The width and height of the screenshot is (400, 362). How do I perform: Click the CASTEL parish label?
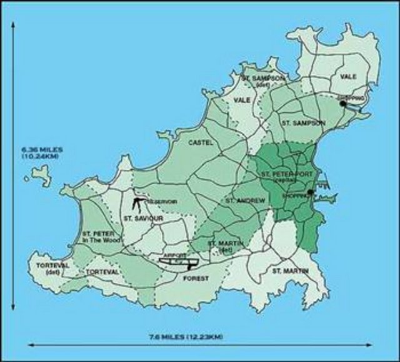pyautogui.click(x=201, y=143)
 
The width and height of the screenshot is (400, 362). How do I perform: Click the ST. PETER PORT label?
pyautogui.click(x=282, y=173)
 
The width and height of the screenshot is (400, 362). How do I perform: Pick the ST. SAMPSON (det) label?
pyautogui.click(x=263, y=81)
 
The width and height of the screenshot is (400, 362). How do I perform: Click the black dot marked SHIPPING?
pyautogui.click(x=342, y=104)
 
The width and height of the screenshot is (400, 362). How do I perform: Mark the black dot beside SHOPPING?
pyautogui.click(x=311, y=193)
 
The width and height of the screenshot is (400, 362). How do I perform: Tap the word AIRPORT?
pyautogui.click(x=172, y=256)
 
